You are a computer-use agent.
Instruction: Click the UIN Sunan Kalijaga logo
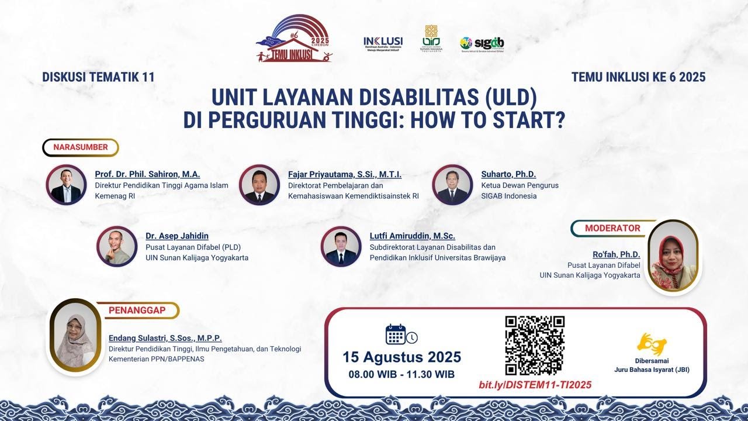pyautogui.click(x=431, y=39)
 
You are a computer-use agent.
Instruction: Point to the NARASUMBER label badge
pyautogui.click(x=81, y=147)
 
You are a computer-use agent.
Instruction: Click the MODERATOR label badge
pyautogui.click(x=612, y=228)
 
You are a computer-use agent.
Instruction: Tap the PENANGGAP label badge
pyautogui.click(x=143, y=310)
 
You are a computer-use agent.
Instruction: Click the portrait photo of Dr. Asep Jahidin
pyautogui.click(x=117, y=246)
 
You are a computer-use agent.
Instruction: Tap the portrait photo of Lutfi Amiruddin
pyautogui.click(x=341, y=246)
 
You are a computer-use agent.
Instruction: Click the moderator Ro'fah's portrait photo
pyautogui.click(x=674, y=256)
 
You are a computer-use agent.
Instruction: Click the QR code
pyautogui.click(x=535, y=345)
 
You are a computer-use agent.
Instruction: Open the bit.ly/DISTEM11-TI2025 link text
pyautogui.click(x=535, y=384)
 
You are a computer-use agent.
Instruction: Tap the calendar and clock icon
pyautogui.click(x=401, y=334)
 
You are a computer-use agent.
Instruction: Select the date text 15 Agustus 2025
pyautogui.click(x=401, y=357)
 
